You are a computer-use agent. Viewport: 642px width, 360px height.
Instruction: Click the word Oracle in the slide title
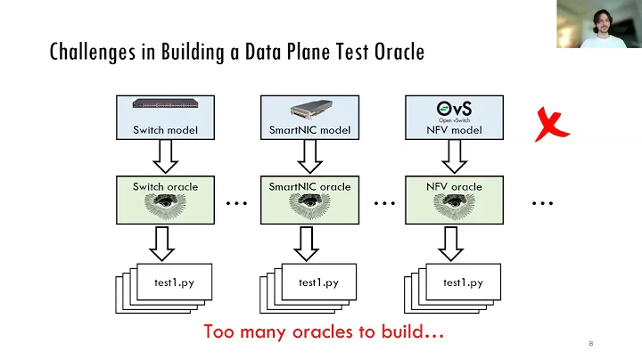pyautogui.click(x=391, y=53)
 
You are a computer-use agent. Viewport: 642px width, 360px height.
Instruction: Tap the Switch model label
pyautogui.click(x=165, y=130)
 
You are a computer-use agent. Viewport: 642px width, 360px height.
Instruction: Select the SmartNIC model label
pyautogui.click(x=309, y=130)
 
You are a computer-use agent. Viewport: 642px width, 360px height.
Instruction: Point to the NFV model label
pyautogui.click(x=454, y=130)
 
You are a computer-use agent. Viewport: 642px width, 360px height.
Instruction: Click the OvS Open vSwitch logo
pyautogui.click(x=454, y=110)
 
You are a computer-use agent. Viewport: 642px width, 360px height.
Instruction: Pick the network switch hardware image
pyautogui.click(x=165, y=103)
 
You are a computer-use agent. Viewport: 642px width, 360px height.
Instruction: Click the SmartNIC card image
pyautogui.click(x=309, y=110)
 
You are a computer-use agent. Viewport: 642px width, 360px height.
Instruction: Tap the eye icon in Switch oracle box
pyautogui.click(x=165, y=206)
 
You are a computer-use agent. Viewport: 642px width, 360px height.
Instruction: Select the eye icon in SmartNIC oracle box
pyautogui.click(x=309, y=206)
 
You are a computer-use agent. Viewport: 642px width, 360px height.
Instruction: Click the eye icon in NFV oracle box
pyautogui.click(x=454, y=206)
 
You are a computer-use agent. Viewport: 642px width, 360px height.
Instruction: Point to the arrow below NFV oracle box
pyautogui.click(x=454, y=241)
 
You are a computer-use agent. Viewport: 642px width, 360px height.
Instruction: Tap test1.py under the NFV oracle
pyautogui.click(x=463, y=282)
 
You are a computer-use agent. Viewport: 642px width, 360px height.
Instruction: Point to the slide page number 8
pyautogui.click(x=590, y=344)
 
